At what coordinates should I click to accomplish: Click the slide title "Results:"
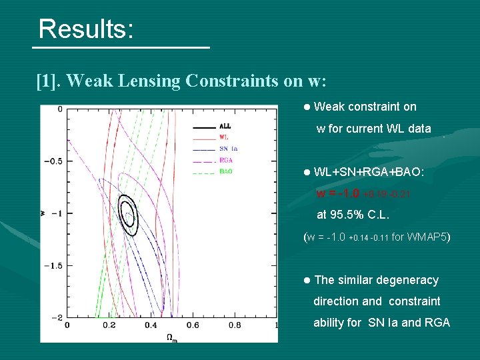point(86,29)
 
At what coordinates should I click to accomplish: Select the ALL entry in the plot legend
point(226,127)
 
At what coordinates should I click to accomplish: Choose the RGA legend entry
point(226,160)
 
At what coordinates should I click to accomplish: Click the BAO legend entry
point(226,171)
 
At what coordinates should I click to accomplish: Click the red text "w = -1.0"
point(338,194)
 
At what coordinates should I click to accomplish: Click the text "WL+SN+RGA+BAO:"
point(368,172)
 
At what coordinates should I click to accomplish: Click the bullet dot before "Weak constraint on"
point(306,107)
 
